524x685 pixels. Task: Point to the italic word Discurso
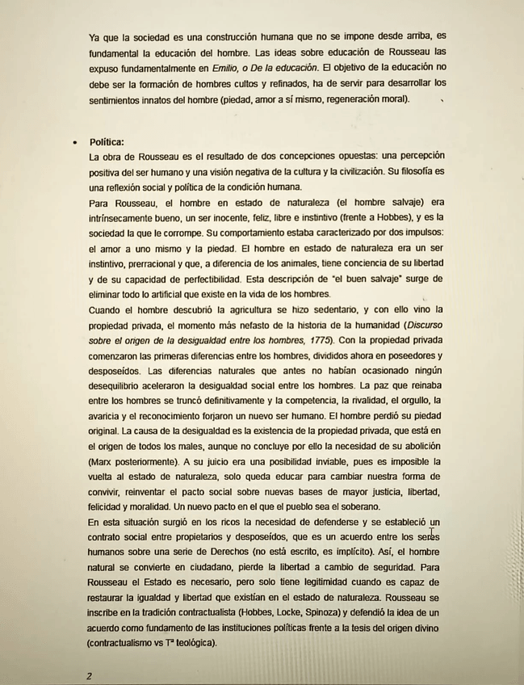pos(420,325)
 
